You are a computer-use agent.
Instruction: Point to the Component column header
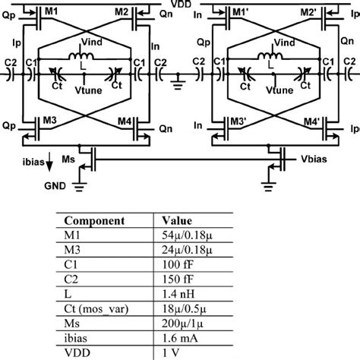click(95, 221)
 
